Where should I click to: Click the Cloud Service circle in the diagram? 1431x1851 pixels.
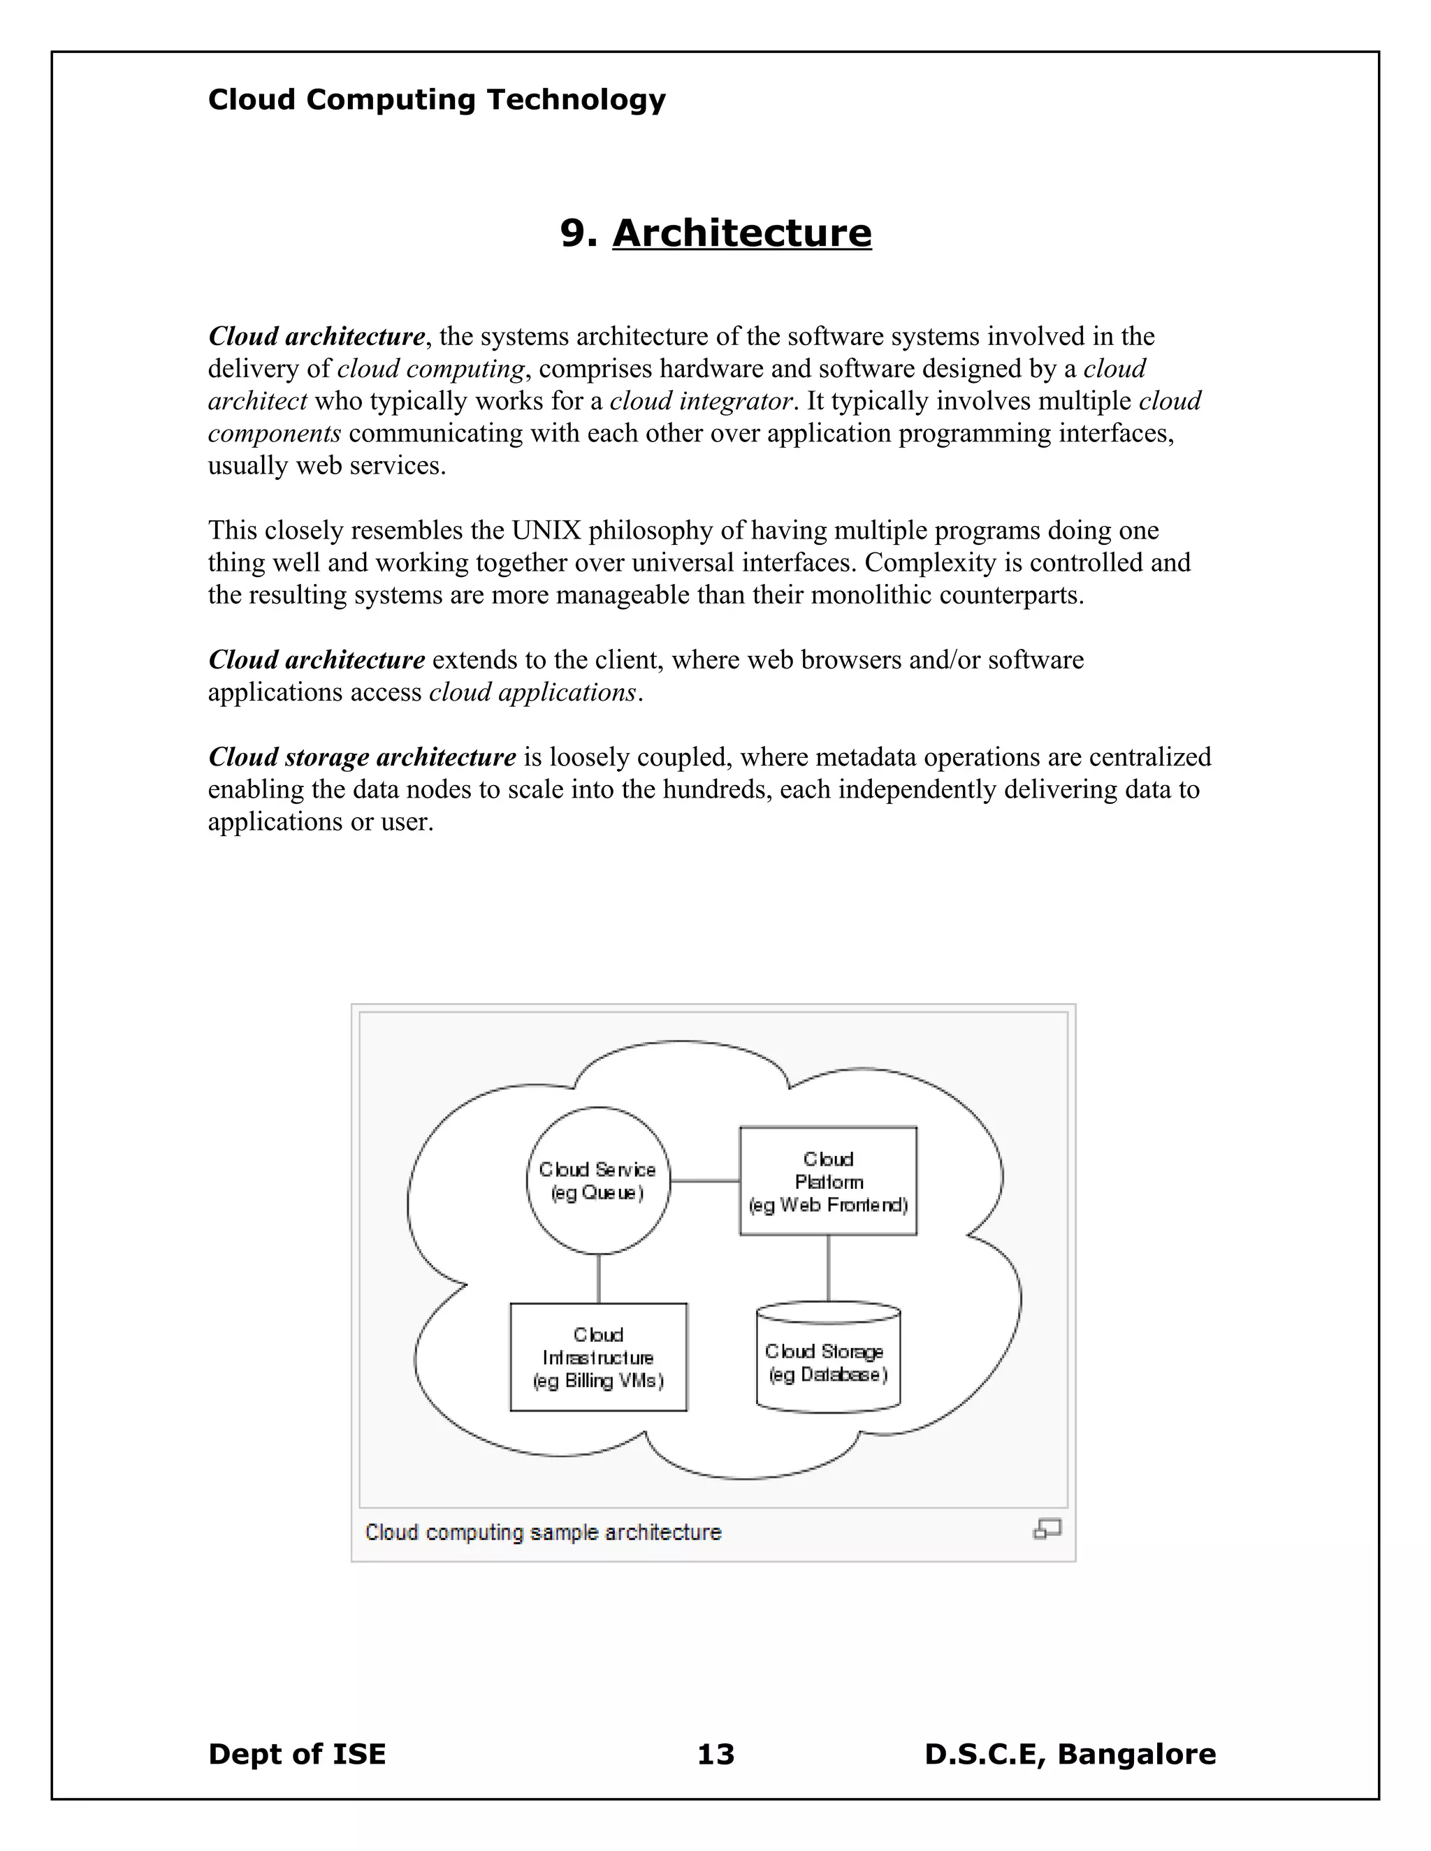click(597, 1180)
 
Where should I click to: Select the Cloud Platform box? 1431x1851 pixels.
click(827, 1180)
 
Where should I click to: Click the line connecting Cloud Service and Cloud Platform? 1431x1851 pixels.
click(704, 1180)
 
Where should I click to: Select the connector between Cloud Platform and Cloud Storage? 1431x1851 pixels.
click(827, 1268)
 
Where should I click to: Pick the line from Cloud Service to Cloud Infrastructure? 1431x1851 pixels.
click(599, 1278)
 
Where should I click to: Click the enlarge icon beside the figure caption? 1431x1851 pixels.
click(1047, 1528)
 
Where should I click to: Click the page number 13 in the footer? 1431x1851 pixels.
click(715, 1753)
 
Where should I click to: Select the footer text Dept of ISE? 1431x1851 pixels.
click(297, 1753)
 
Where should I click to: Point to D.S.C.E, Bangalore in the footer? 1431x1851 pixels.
click(1070, 1753)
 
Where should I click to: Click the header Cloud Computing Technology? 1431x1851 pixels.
click(437, 100)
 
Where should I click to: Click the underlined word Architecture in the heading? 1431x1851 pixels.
click(742, 233)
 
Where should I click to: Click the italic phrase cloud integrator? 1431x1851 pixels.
click(701, 401)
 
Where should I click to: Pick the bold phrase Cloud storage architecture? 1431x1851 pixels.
click(362, 757)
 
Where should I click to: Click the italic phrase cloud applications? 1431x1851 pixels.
click(532, 692)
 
